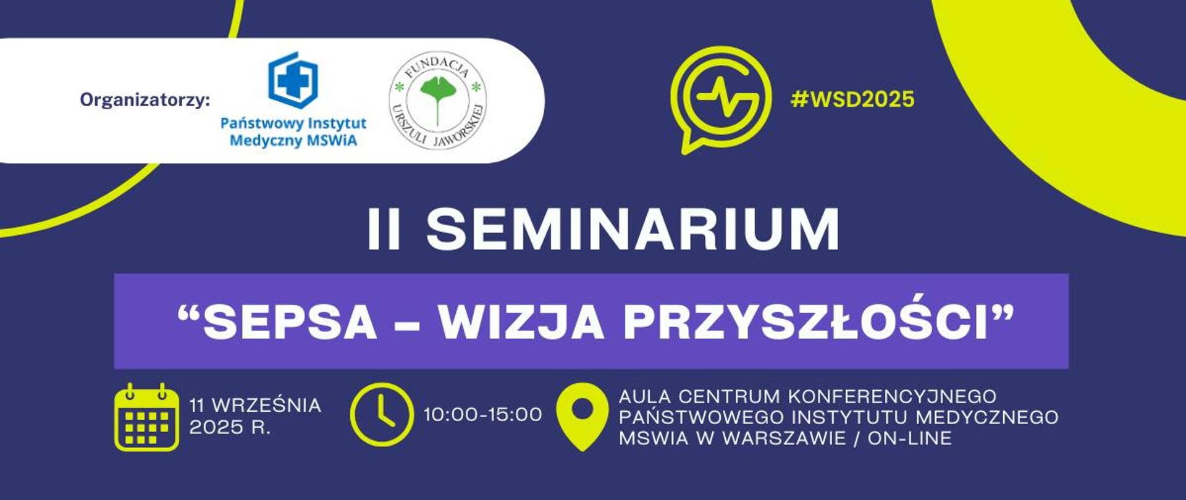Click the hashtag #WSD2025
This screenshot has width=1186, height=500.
852,99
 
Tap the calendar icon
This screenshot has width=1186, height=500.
146,417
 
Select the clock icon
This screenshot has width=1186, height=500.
381,415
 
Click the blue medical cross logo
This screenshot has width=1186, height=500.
293,80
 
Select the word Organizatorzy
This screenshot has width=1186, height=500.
145,99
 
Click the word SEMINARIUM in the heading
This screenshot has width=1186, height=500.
633,229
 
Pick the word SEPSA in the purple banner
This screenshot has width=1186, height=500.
290,322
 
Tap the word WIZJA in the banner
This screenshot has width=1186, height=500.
521,322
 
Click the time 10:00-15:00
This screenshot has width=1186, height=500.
482,415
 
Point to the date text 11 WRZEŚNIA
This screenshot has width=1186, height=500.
255,406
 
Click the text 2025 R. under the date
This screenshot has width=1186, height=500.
230,427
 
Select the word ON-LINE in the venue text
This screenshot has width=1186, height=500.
909,438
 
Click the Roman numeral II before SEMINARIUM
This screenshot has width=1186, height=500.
384,229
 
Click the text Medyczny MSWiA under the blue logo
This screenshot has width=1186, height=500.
293,141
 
